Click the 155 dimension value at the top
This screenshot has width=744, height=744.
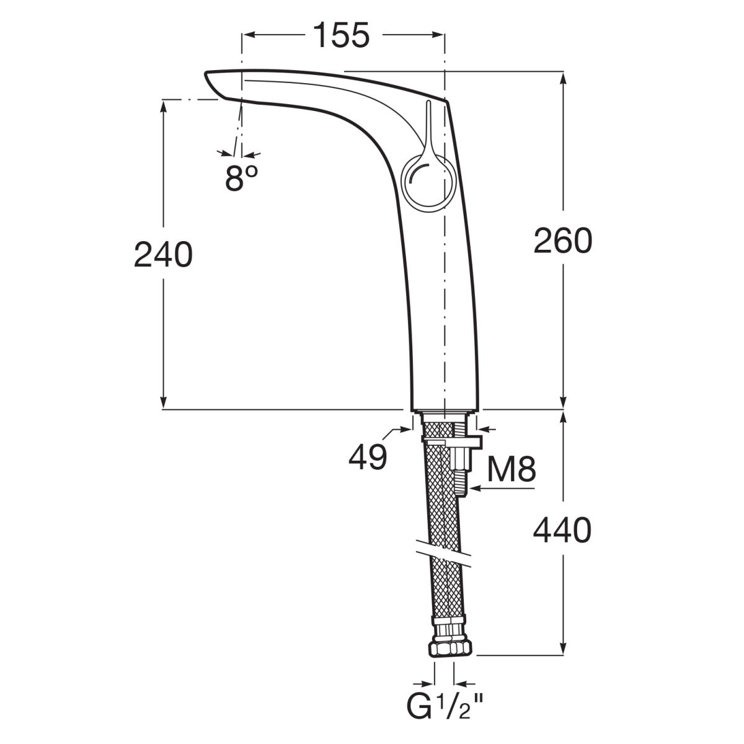[341, 35]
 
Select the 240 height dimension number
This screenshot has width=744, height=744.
[163, 254]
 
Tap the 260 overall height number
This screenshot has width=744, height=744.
[562, 241]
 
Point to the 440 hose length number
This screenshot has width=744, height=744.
[562, 530]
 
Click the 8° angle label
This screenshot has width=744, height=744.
[241, 178]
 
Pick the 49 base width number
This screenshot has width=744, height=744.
[368, 456]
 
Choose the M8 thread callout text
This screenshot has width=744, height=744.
[511, 469]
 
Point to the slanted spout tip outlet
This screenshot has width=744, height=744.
[215, 85]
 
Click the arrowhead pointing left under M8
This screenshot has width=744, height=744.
[473, 489]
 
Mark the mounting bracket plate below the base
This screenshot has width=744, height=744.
[452, 443]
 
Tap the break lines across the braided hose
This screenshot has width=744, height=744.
[444, 556]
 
